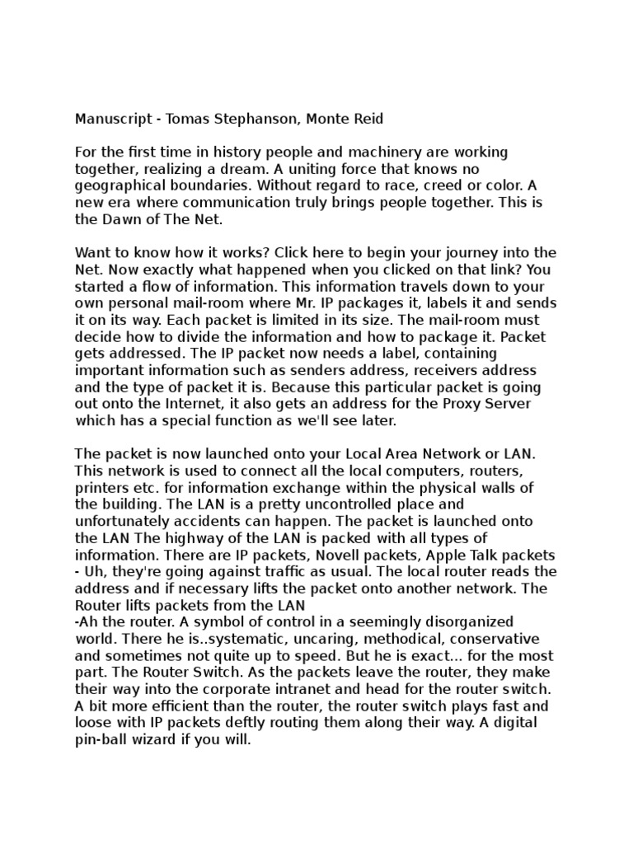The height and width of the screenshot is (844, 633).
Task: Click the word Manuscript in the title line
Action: pyautogui.click(x=110, y=120)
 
